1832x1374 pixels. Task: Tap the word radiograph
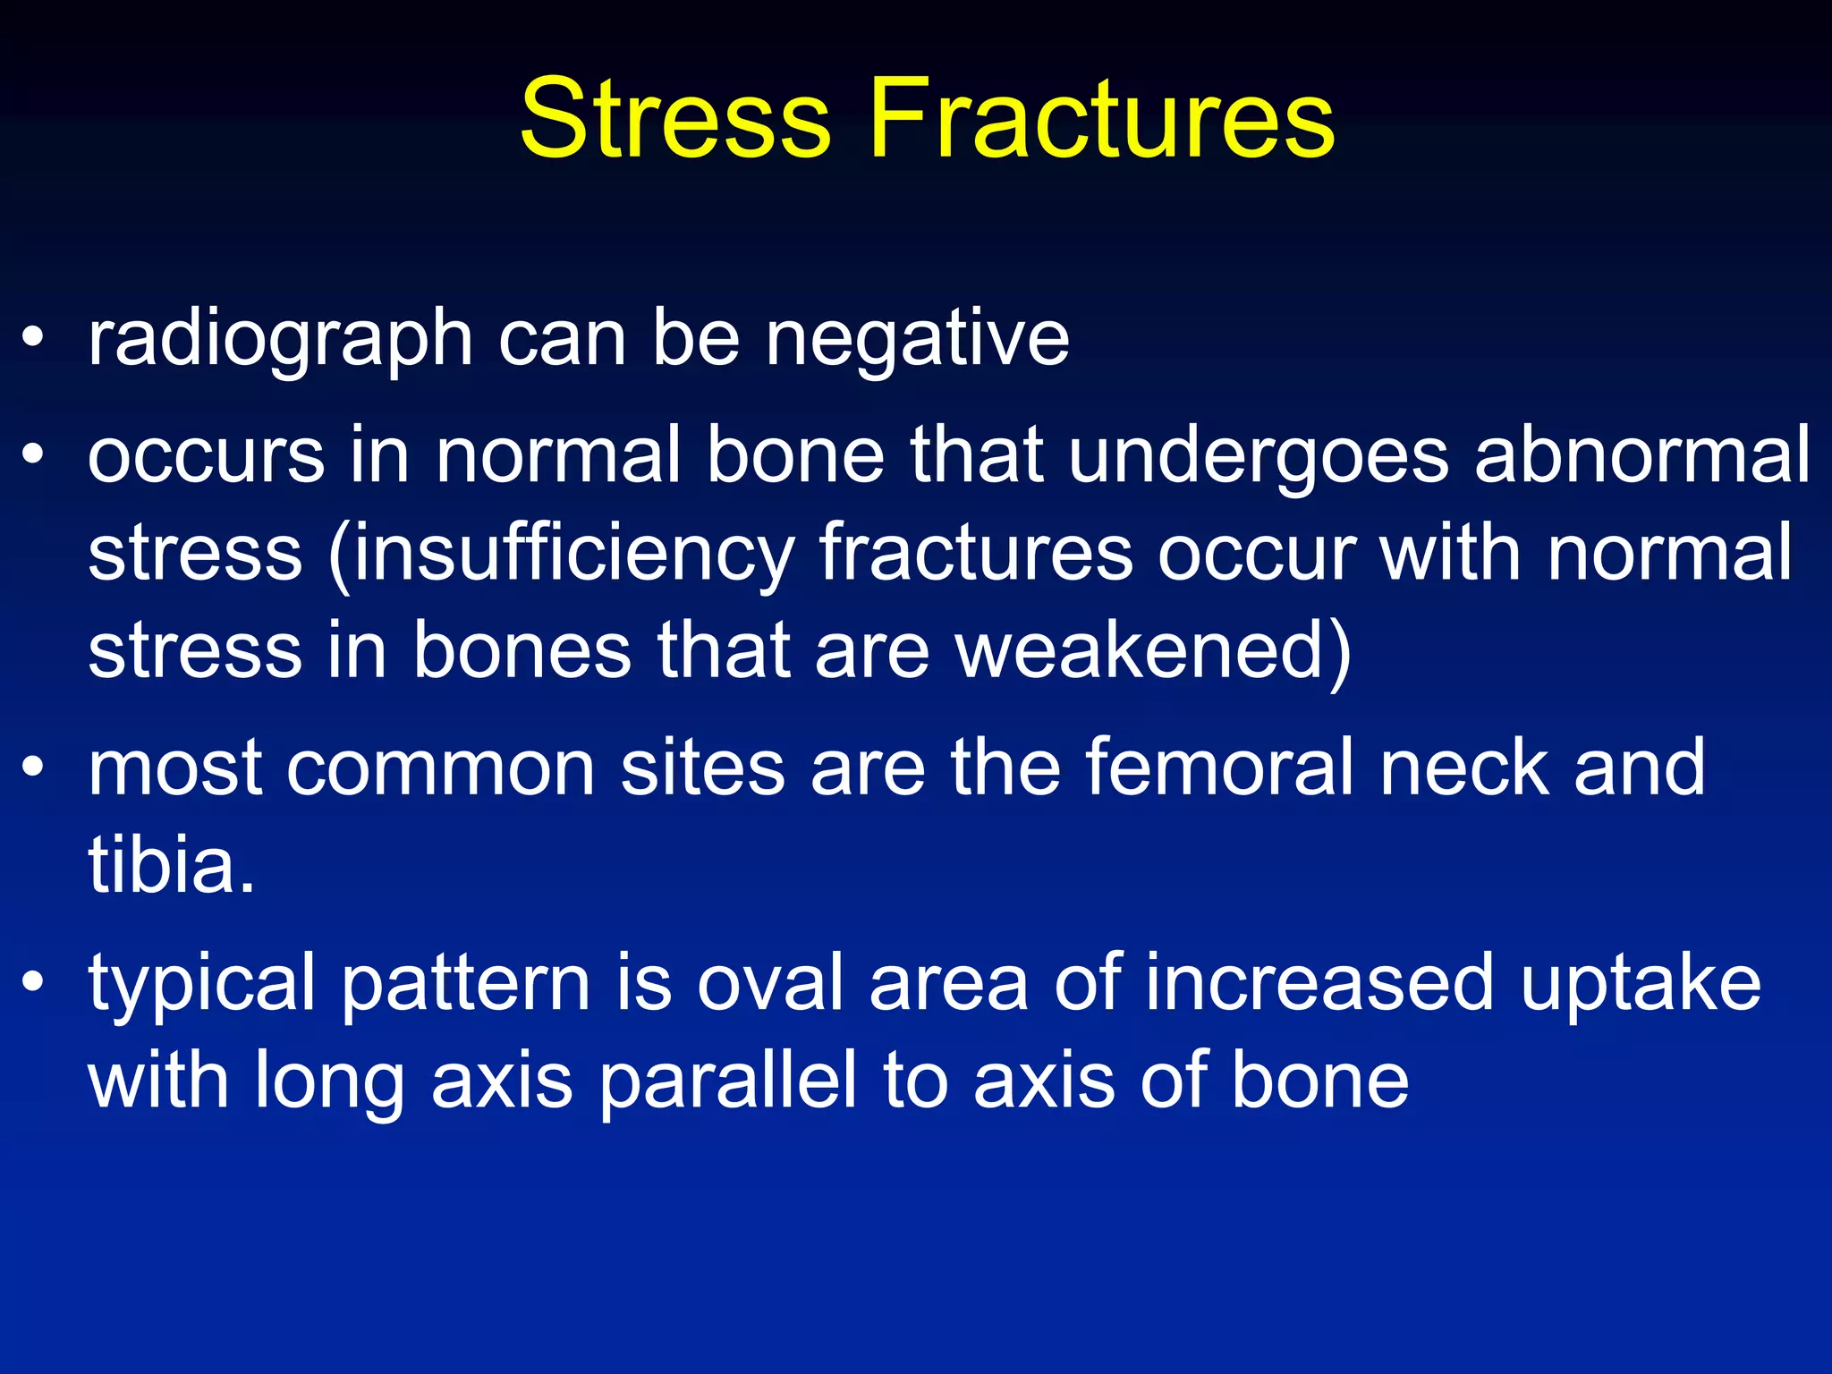[x=280, y=340]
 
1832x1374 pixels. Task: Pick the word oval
[x=770, y=983]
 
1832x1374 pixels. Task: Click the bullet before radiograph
[x=33, y=339]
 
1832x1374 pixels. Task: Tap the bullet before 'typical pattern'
[x=33, y=983]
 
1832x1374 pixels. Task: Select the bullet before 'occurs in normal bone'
[x=33, y=455]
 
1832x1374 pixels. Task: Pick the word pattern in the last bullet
[x=465, y=985]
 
